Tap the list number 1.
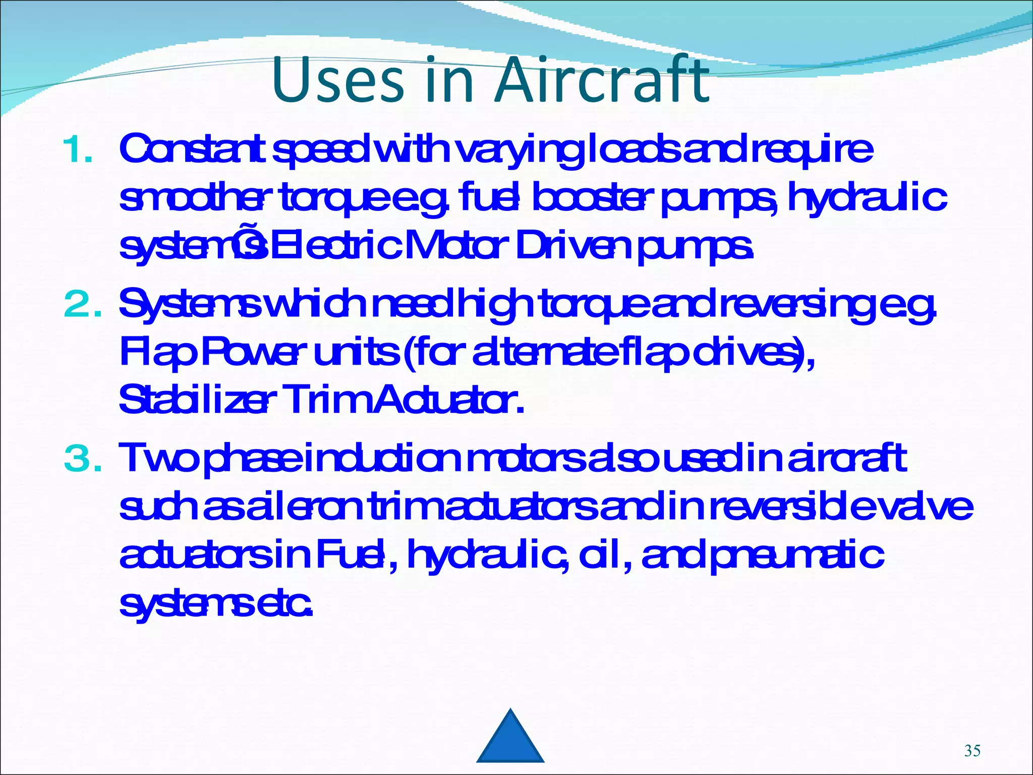[x=78, y=150]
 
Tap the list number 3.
[x=82, y=459]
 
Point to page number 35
[x=972, y=751]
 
